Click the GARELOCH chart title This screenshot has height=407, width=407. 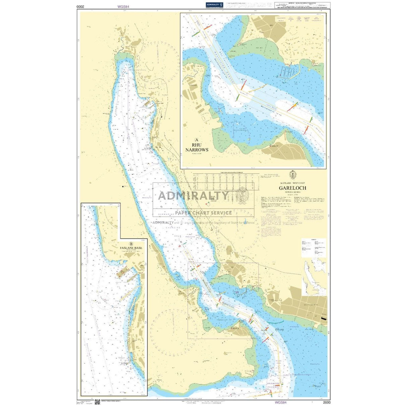[292, 188]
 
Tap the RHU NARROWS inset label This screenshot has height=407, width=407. [197, 148]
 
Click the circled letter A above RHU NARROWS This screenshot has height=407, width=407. [197, 140]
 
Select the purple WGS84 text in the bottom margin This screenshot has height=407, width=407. [280, 402]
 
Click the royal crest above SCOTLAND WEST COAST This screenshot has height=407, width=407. [292, 175]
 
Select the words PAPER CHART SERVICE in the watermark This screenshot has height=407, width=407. [203, 213]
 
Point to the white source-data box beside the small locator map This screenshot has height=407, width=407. [313, 247]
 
